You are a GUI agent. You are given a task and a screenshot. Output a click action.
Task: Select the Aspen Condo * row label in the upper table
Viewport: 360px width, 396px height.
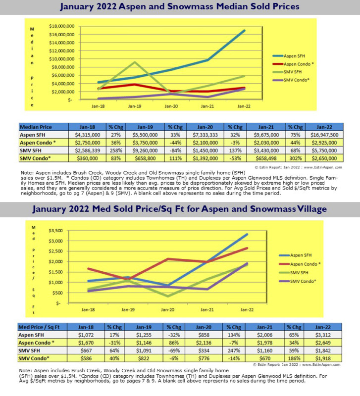click(38, 142)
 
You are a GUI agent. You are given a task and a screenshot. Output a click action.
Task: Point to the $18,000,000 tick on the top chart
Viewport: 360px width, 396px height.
click(62, 26)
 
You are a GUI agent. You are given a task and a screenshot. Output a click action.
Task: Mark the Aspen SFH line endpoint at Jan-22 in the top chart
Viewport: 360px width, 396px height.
click(244, 31)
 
